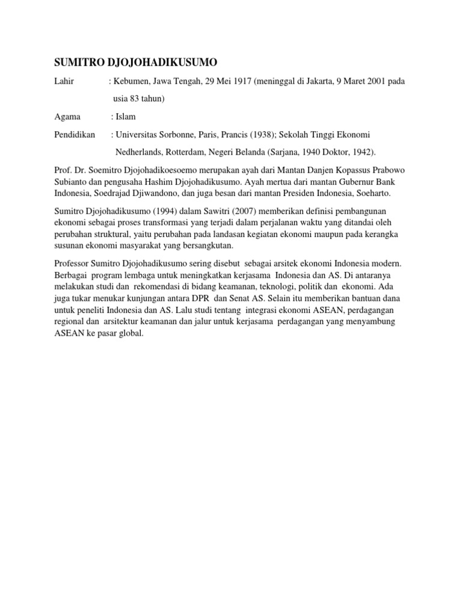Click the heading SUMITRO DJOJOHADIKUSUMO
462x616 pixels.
click(x=136, y=63)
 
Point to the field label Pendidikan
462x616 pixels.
click(x=75, y=134)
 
